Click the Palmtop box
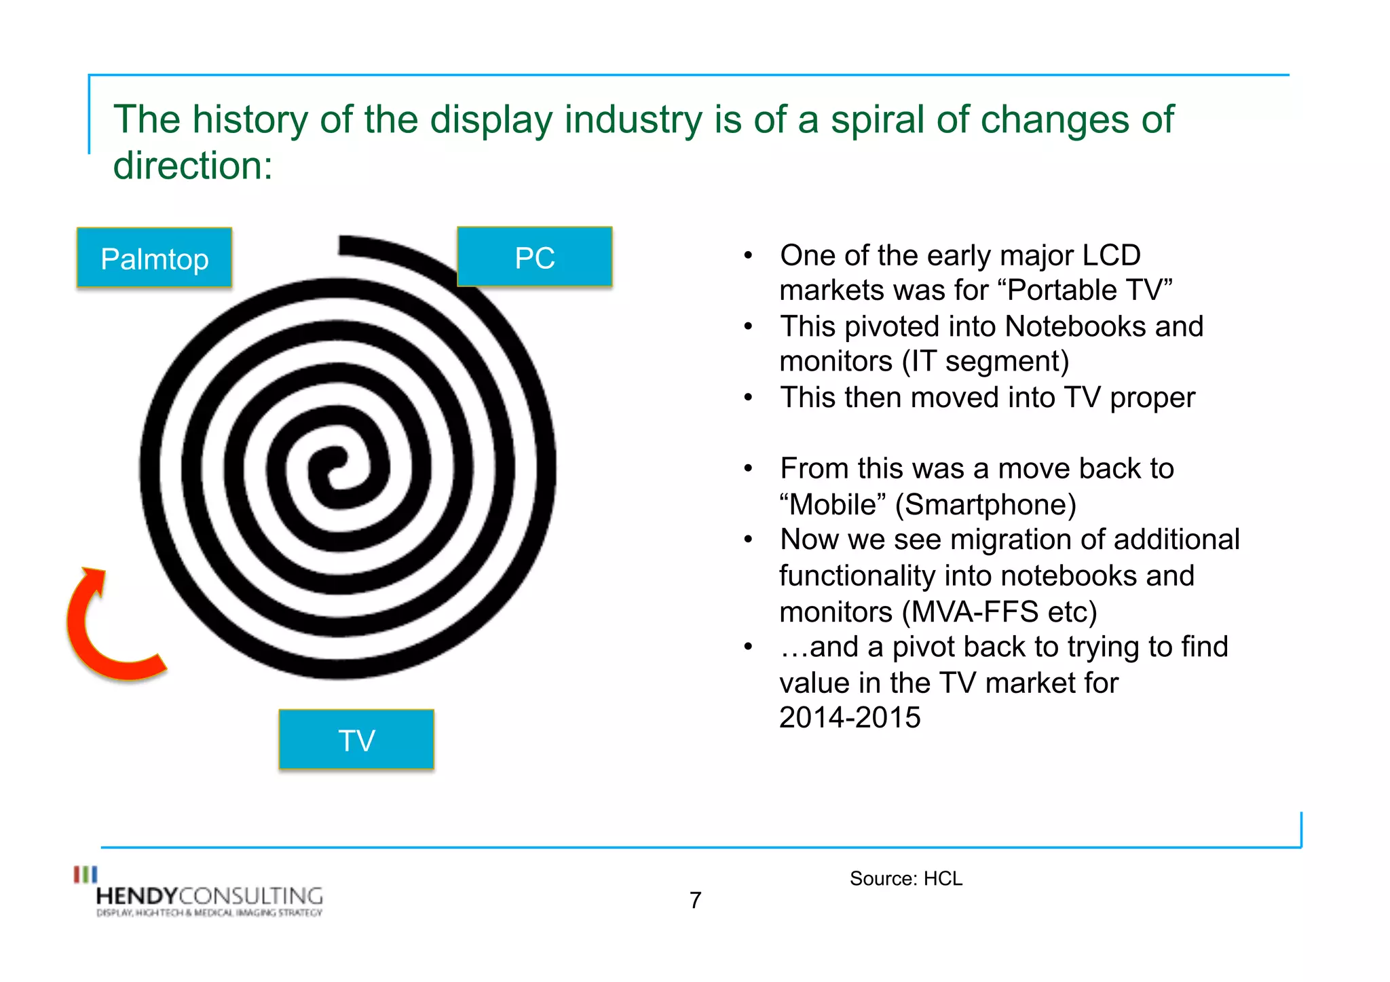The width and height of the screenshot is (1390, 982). click(x=154, y=258)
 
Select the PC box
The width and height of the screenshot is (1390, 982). click(x=535, y=257)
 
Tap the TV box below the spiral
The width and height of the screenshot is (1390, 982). click(x=356, y=740)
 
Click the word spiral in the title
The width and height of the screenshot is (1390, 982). click(x=878, y=120)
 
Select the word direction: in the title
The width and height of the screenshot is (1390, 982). click(x=193, y=166)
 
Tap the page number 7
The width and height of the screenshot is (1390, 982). click(x=695, y=900)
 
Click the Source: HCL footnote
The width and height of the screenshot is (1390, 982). click(x=905, y=878)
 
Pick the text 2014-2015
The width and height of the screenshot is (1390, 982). click(x=850, y=717)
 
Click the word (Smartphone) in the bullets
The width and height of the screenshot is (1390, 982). click(x=985, y=504)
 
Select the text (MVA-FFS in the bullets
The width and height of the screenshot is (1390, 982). click(x=971, y=611)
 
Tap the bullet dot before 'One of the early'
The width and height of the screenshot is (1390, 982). click(x=748, y=256)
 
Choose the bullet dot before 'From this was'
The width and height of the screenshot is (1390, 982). click(x=748, y=469)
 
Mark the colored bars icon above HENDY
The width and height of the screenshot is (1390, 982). click(x=86, y=874)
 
